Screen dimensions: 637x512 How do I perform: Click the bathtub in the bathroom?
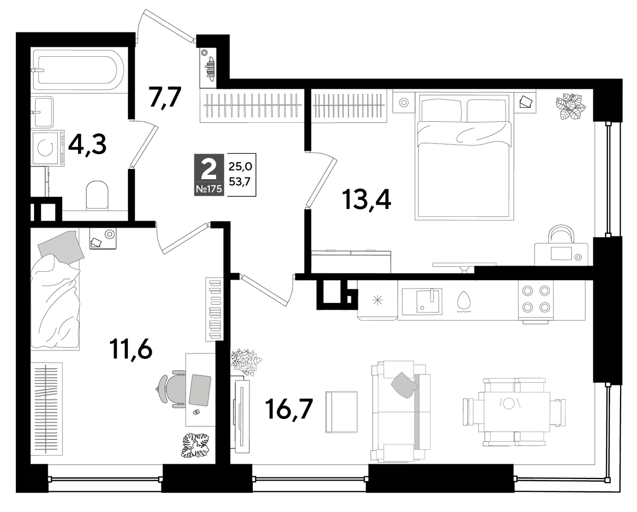[x=79, y=70]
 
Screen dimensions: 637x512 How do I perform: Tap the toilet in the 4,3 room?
[x=97, y=195]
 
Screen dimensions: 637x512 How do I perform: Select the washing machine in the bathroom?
[x=48, y=148]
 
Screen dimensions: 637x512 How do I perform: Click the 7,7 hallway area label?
[x=165, y=98]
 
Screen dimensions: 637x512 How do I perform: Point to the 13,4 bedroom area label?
[x=366, y=200]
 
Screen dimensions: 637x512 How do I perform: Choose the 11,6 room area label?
[x=131, y=349]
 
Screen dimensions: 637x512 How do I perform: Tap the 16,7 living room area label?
[x=289, y=409]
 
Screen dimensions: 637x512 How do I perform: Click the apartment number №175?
[x=209, y=189]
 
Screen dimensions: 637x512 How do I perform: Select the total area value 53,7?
[x=240, y=182]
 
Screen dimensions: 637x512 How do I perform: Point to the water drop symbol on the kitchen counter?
[x=462, y=300]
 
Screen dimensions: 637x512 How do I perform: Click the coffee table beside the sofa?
[x=341, y=413]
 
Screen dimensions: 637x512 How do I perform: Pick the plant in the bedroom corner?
[x=571, y=106]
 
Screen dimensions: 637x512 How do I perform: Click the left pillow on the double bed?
[x=441, y=110]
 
